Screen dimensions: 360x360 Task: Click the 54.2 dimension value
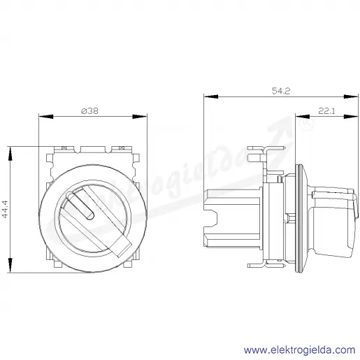pyautogui.click(x=281, y=91)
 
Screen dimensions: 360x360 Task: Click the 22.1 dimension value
pyautogui.click(x=326, y=111)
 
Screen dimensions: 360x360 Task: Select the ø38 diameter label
pyautogui.click(x=89, y=111)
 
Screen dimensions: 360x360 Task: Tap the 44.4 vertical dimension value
pyautogui.click(x=5, y=209)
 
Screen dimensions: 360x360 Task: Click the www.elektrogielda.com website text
pyautogui.click(x=300, y=350)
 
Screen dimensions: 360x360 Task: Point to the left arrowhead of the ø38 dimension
pyautogui.click(x=46, y=116)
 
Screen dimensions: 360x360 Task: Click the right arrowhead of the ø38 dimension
pyautogui.click(x=140, y=116)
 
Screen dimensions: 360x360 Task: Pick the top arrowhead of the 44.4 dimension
pyautogui.click(x=10, y=154)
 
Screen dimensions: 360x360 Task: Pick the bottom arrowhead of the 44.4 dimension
pyautogui.click(x=10, y=265)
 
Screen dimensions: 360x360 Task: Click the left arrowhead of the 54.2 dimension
pyautogui.click(x=211, y=96)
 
